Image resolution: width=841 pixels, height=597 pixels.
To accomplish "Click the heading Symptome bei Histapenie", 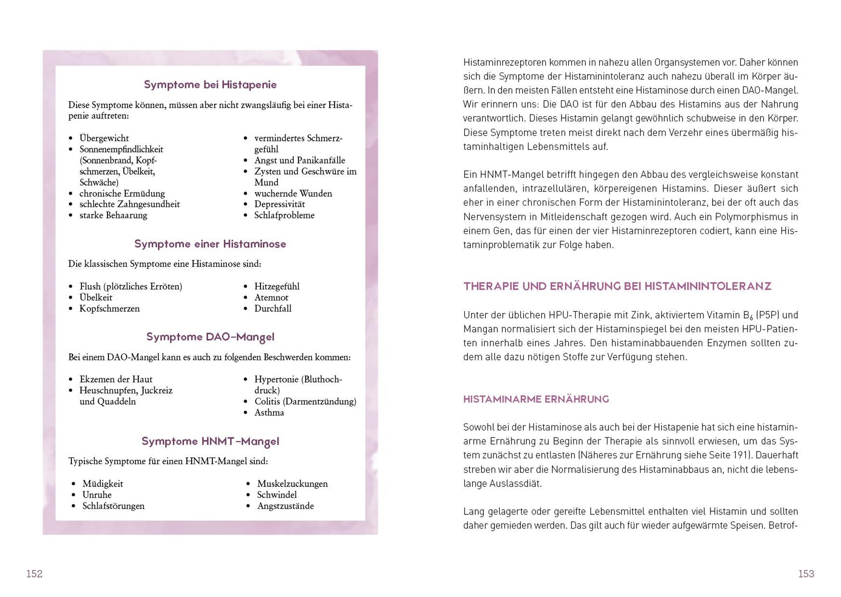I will [x=210, y=84].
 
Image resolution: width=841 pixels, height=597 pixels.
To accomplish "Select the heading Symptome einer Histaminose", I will [x=210, y=244].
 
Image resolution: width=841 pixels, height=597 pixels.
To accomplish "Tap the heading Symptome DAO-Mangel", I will [x=210, y=337].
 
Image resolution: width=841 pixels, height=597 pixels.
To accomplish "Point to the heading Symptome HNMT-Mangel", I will [x=210, y=441].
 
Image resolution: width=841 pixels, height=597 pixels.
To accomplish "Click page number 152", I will [x=34, y=574].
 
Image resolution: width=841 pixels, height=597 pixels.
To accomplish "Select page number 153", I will [x=806, y=574].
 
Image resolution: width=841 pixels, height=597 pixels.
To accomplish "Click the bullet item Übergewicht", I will [x=104, y=138].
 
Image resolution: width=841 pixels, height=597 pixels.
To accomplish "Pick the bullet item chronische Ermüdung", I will [x=122, y=194].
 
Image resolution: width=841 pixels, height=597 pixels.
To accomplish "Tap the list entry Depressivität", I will [x=279, y=204].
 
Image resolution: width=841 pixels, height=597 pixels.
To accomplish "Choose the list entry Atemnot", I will [x=271, y=297].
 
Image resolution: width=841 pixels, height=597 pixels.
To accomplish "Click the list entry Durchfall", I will [x=273, y=308].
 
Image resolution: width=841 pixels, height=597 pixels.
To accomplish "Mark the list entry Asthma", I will [x=269, y=413].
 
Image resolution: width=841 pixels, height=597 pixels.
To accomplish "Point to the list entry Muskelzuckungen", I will [x=292, y=484].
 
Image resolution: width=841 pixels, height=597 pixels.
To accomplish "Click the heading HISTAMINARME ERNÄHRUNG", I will [x=536, y=399].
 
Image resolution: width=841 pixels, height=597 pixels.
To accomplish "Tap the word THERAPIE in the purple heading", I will [x=491, y=286].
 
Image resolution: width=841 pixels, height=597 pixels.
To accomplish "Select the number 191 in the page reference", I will [x=741, y=455].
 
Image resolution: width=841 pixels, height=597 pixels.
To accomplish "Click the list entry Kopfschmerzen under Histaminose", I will [x=109, y=308].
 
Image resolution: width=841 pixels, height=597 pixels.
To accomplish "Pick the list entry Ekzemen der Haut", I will [x=116, y=379].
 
